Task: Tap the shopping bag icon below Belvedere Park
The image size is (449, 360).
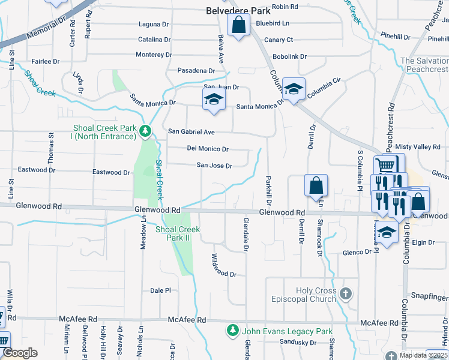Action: pos(238,26)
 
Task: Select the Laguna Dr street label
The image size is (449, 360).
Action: pos(154,25)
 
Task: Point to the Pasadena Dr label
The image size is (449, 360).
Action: pos(196,71)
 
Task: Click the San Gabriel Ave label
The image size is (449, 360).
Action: pos(191,131)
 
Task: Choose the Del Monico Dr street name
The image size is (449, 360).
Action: pos(208,148)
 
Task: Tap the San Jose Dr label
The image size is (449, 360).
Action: pos(214,166)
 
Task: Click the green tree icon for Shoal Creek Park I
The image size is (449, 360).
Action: pos(145,130)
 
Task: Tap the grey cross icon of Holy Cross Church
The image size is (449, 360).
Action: pos(345,293)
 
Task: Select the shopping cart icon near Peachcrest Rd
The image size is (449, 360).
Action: pos(385,164)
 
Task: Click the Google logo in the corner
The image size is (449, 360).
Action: pos(20,352)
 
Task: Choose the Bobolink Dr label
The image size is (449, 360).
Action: pos(289,56)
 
